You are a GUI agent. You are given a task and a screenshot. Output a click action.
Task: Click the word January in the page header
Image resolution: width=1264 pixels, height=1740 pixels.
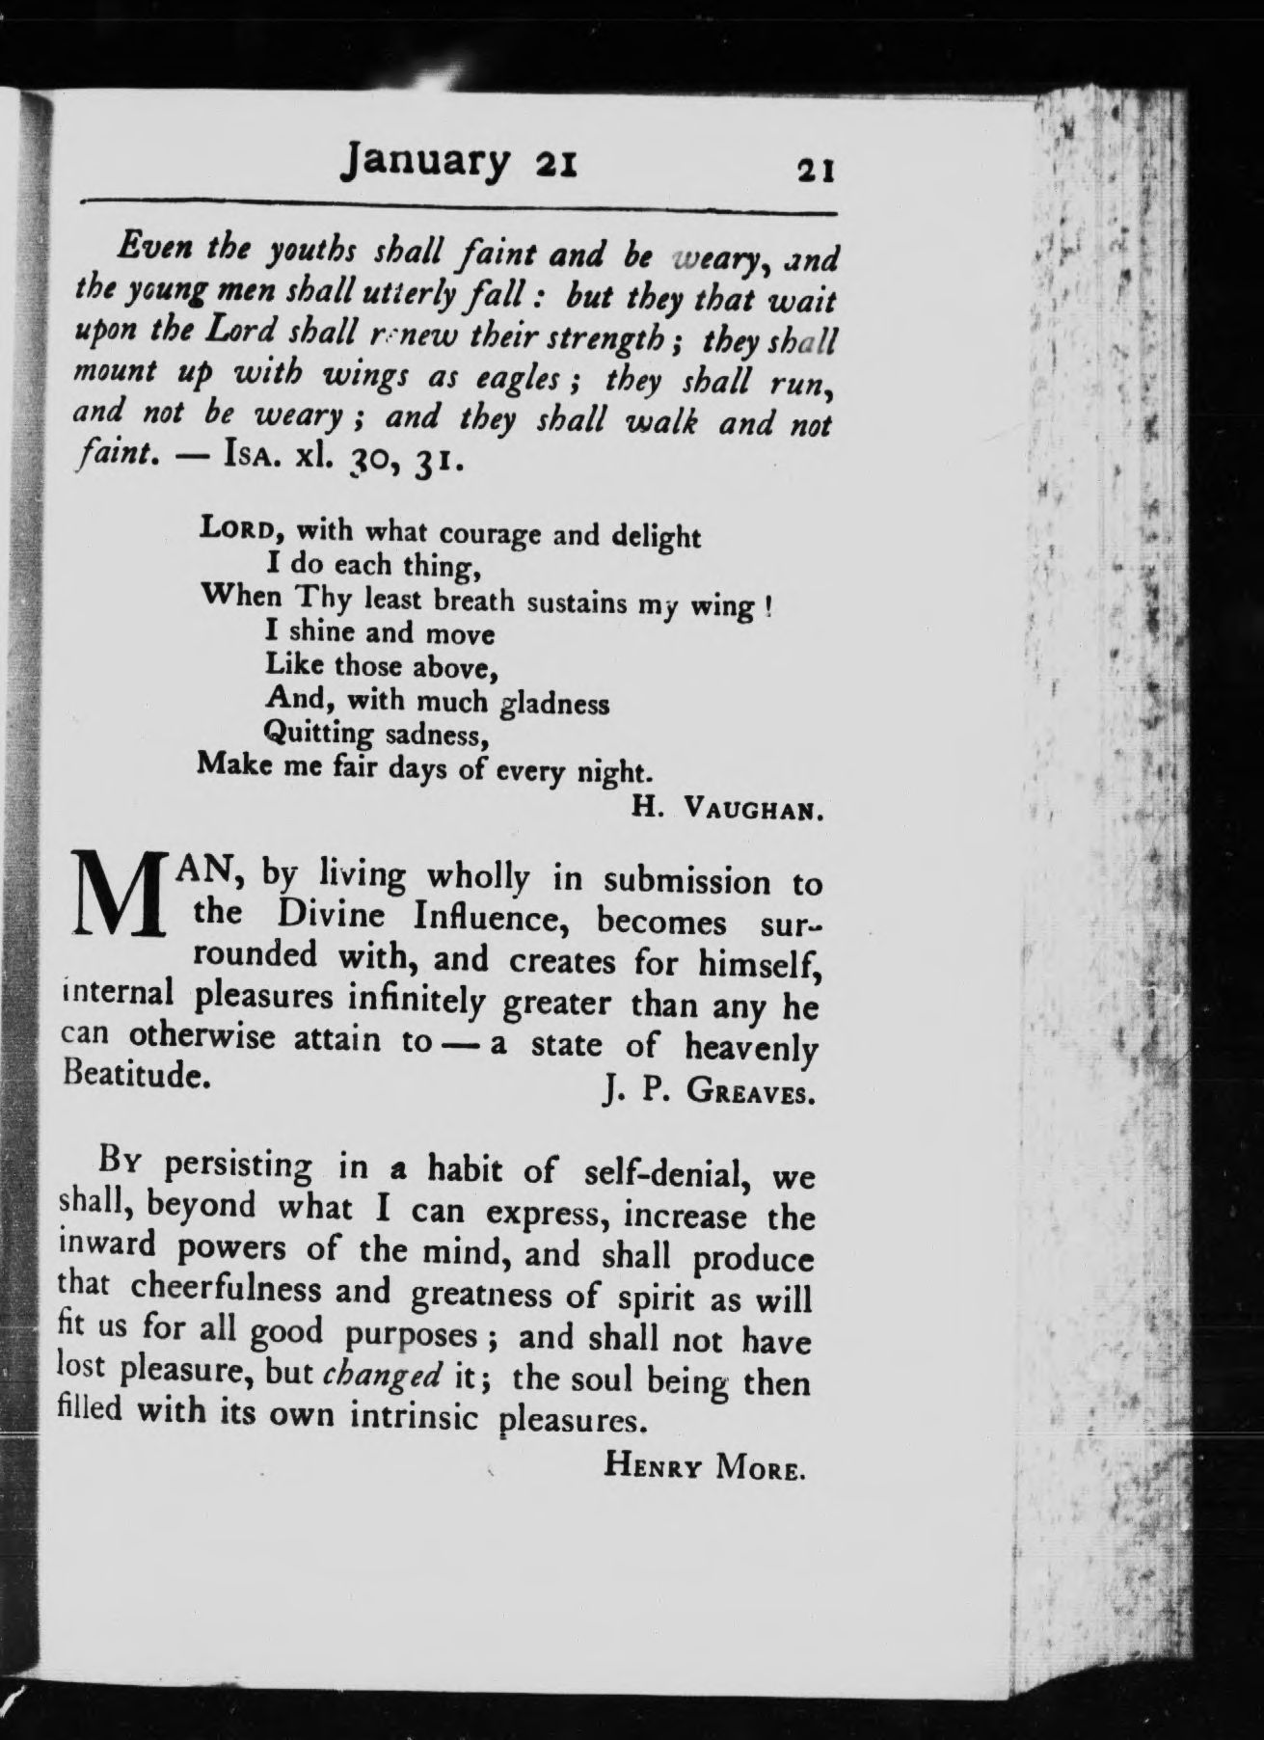tap(425, 160)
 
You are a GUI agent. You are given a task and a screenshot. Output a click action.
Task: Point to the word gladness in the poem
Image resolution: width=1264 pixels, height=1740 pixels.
tap(554, 704)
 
